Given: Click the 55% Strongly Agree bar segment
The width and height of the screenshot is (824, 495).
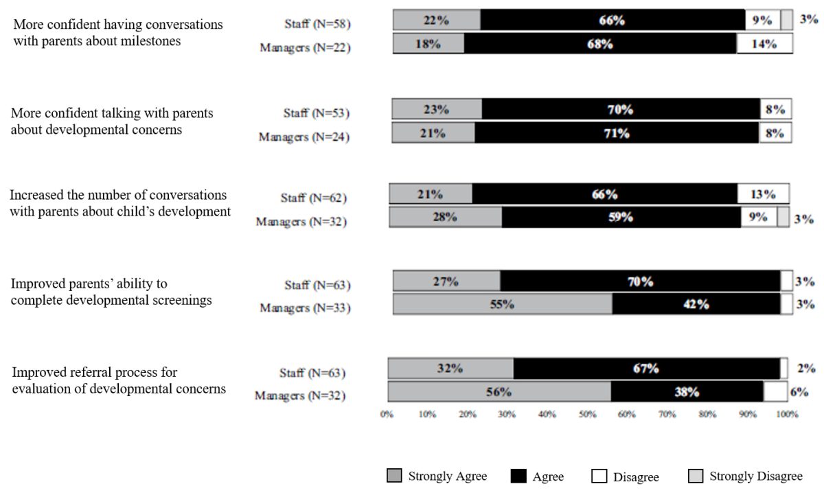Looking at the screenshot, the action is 503,303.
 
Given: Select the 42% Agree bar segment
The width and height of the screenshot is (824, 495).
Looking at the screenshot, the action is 696,303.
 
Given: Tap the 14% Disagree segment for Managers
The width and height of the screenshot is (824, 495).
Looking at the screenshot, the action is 765,44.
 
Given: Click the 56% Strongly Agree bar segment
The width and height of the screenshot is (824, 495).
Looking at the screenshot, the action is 500,391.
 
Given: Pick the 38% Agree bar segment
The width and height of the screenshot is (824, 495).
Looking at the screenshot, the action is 687,391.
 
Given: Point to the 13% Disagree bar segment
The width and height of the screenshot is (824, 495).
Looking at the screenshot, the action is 764,194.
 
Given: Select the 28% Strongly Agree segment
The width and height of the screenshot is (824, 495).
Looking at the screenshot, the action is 446,217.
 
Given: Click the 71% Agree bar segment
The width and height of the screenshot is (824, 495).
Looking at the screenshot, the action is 617,133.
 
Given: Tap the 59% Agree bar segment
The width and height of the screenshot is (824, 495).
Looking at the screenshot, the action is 621,217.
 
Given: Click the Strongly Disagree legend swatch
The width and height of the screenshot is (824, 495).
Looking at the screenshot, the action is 695,476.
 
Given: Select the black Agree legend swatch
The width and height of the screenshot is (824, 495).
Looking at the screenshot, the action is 518,476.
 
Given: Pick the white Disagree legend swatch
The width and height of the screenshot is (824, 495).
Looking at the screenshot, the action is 599,476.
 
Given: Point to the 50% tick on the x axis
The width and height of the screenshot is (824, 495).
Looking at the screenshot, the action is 588,415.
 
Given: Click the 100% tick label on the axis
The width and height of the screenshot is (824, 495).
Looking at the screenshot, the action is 787,415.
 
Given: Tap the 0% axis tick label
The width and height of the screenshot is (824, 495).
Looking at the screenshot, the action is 387,415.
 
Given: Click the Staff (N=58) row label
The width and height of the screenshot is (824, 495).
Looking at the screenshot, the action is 317,24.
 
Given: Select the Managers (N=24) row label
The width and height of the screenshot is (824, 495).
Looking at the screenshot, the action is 304,137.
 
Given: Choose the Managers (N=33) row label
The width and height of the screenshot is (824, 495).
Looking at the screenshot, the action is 306,308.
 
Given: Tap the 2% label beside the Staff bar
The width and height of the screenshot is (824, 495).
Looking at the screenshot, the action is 806,368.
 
